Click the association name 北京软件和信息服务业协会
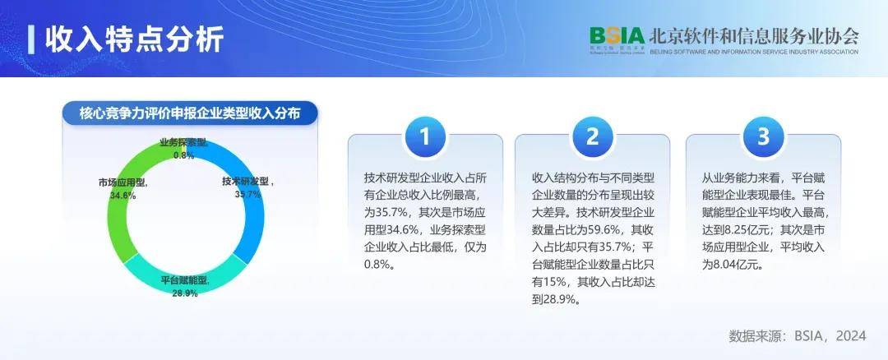[x=754, y=36]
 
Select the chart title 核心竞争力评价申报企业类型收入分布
[x=190, y=113]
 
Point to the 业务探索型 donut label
[x=183, y=142]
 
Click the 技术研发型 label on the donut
[x=246, y=181]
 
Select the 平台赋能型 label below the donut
[x=185, y=280]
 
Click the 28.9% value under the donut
[x=185, y=293]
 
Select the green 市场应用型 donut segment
[x=121, y=222]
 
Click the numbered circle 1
[x=424, y=136]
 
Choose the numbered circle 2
[x=592, y=136]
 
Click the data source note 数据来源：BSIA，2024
[x=797, y=335]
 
